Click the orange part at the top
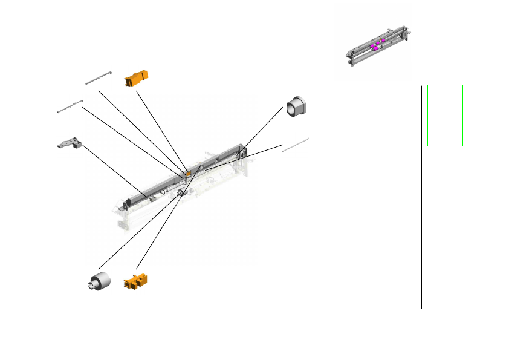(136, 78)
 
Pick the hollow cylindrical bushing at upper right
(296, 106)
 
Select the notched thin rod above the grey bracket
(70, 106)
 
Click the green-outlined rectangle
(445, 115)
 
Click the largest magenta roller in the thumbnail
(374, 47)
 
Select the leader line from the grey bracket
(115, 171)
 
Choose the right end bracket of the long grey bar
(243, 151)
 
